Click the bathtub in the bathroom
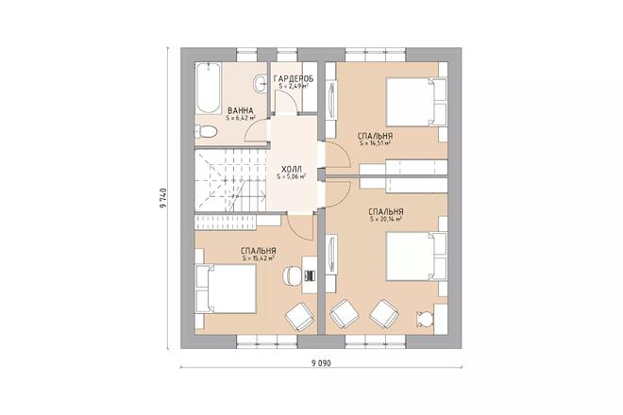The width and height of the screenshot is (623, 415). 208,88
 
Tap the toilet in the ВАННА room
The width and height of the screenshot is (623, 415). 206,131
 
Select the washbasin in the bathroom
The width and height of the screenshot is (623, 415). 260,83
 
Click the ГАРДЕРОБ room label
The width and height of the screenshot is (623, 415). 294,78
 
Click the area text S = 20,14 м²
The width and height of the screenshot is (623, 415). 386,219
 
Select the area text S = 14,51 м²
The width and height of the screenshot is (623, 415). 376,143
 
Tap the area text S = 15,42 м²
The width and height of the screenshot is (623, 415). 259,258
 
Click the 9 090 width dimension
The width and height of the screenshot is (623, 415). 321,362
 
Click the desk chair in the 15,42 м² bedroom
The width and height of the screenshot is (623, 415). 292,274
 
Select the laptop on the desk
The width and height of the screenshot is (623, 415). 310,274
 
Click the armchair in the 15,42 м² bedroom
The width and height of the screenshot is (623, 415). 300,317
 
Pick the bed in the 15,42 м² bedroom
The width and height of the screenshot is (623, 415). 227,289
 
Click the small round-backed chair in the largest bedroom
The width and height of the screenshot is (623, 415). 424,318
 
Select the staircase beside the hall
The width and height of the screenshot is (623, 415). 230,181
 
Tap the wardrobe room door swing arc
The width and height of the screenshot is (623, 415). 289,96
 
